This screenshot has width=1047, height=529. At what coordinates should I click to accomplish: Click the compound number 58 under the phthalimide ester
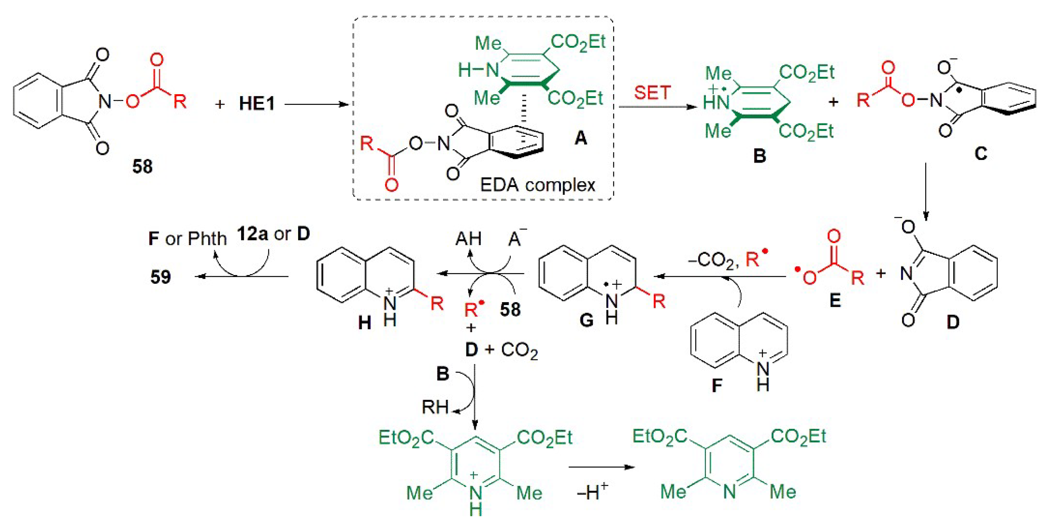pos(142,167)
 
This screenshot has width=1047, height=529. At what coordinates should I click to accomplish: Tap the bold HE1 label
pos(257,104)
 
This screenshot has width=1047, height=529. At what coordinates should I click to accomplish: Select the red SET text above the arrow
pos(652,93)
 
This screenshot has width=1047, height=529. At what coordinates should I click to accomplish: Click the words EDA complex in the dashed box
pos(537,185)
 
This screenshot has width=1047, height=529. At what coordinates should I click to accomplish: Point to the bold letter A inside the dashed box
pos(581,139)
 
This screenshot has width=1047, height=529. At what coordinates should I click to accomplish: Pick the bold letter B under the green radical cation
pos(759,156)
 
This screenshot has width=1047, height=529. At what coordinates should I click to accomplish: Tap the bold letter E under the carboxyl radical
pos(835,301)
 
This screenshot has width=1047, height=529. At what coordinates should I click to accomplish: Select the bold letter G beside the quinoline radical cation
pos(587,320)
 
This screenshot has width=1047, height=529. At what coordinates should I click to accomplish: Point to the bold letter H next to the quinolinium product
pos(365,323)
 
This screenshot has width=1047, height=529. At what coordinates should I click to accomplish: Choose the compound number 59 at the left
pos(161,277)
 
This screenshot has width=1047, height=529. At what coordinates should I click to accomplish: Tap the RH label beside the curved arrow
pos(435,407)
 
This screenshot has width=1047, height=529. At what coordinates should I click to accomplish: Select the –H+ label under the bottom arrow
pos(592,492)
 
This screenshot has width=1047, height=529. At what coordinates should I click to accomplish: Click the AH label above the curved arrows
pos(468,239)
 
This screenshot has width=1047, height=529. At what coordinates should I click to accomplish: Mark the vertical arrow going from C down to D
pos(925,191)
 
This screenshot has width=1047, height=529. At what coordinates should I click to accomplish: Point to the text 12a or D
pos(273,234)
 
